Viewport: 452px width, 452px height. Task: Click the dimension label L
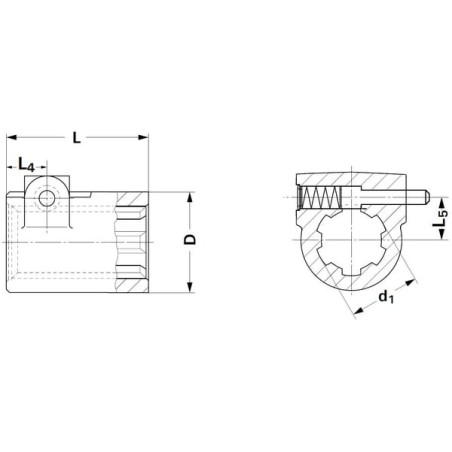(x=77, y=137)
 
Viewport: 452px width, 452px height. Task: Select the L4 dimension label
(x=26, y=165)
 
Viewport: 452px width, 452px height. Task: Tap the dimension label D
(x=190, y=239)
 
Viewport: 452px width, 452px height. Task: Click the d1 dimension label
(x=386, y=296)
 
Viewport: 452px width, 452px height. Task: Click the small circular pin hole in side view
(x=47, y=199)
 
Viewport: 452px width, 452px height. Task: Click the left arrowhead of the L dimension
(x=12, y=137)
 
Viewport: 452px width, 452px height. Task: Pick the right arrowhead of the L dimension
(x=143, y=137)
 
